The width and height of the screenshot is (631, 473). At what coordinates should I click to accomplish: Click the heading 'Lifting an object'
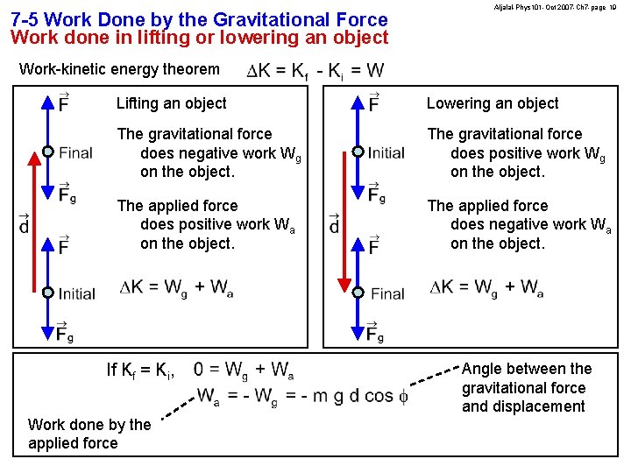coord(171,103)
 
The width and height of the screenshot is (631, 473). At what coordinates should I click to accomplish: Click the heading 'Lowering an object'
coord(492,103)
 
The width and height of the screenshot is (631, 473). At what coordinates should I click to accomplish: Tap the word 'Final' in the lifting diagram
coord(75,153)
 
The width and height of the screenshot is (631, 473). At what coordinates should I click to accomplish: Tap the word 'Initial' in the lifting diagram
coord(77,293)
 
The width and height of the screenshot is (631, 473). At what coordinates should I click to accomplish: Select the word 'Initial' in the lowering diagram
coord(386,152)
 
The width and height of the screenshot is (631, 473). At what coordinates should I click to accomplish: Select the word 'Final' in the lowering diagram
coord(387,293)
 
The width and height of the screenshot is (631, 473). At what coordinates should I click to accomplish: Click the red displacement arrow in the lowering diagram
coord(344,228)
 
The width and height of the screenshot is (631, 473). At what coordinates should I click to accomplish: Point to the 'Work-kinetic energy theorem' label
coord(119,68)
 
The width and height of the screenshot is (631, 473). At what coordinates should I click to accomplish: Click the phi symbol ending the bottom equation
coord(403,397)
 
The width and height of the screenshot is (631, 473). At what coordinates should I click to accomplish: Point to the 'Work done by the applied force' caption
coord(89,434)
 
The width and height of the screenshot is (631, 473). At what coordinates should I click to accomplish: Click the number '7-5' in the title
coord(25,19)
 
